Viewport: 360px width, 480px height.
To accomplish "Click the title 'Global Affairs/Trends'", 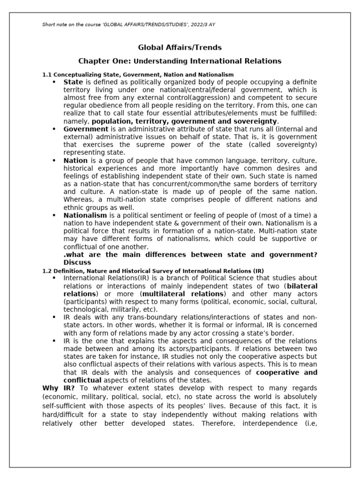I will (x=180, y=47).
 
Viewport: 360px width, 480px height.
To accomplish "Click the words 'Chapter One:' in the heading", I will (x=105, y=61).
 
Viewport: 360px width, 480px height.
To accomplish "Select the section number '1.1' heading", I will (x=47, y=75).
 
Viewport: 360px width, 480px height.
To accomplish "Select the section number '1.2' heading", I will (x=47, y=270).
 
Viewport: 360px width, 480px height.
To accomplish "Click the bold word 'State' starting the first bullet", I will (x=73, y=82).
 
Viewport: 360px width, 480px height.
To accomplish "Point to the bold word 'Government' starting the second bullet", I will (x=86, y=129).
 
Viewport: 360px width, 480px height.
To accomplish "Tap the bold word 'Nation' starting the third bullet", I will (x=75, y=160).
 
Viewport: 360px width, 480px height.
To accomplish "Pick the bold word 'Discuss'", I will (x=77, y=262).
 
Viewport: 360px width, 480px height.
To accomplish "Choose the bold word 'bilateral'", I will (x=302, y=286).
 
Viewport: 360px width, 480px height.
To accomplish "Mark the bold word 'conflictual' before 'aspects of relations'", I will (x=82, y=380).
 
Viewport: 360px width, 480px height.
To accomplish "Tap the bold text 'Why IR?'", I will (x=57, y=388).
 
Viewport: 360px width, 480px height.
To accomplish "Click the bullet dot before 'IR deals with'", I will (x=54, y=317).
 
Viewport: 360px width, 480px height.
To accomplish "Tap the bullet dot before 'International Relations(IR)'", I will (x=54, y=278).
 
